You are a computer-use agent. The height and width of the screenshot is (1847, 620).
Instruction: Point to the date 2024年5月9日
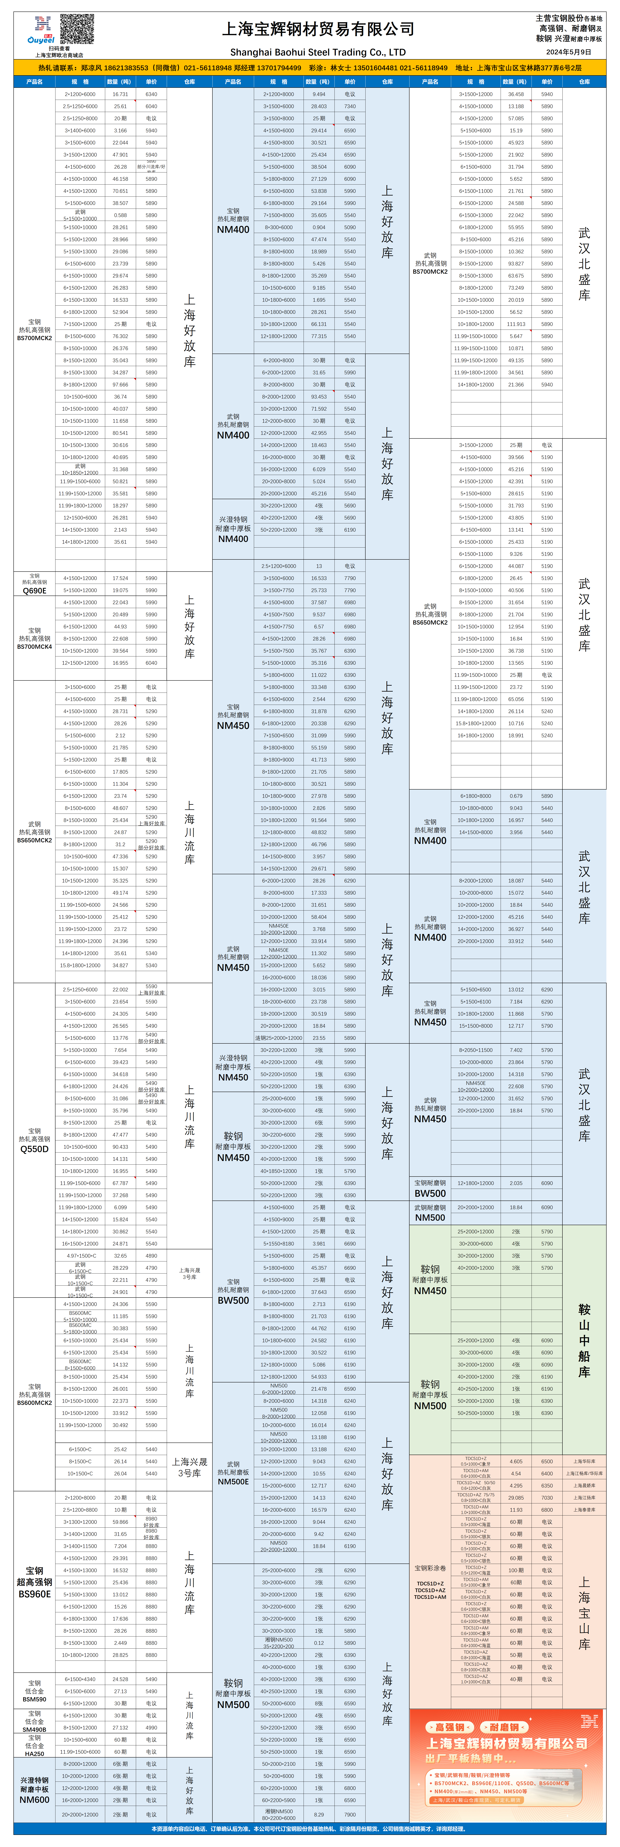568,52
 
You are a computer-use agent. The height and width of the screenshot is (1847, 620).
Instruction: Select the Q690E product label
34,591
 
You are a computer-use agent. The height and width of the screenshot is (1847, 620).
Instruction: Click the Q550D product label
34,1149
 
